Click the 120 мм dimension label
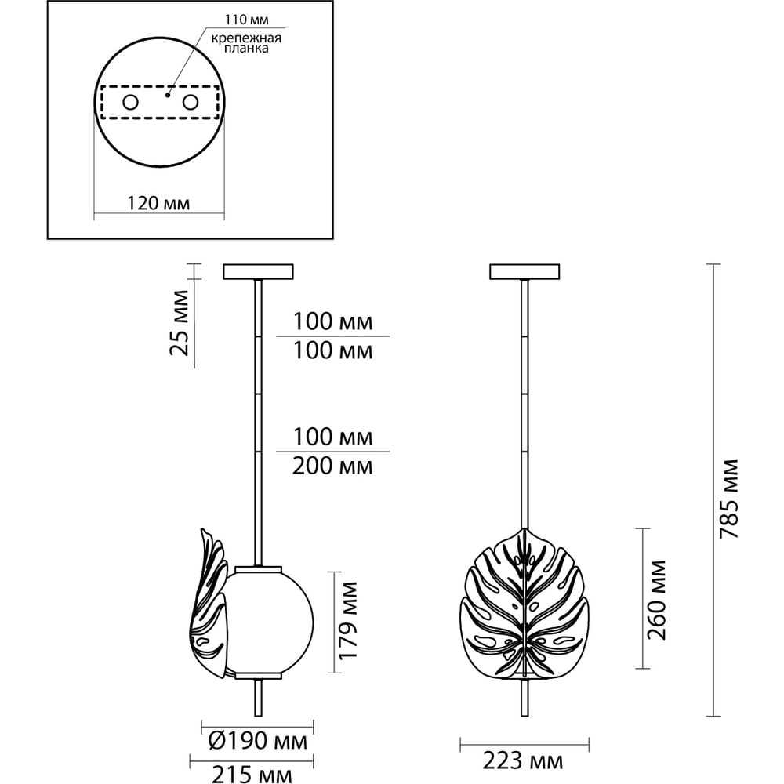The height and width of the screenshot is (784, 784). [158, 203]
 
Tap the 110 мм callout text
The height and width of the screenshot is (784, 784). [246, 20]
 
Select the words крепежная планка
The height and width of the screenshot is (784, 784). [246, 43]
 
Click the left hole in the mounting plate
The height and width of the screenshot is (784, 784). [130, 103]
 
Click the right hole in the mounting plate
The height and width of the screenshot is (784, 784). [191, 103]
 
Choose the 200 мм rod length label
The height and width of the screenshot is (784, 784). [332, 466]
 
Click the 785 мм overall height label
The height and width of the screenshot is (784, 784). [728, 499]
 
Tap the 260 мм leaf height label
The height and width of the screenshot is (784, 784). [657, 600]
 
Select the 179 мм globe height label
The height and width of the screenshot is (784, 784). [348, 620]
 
